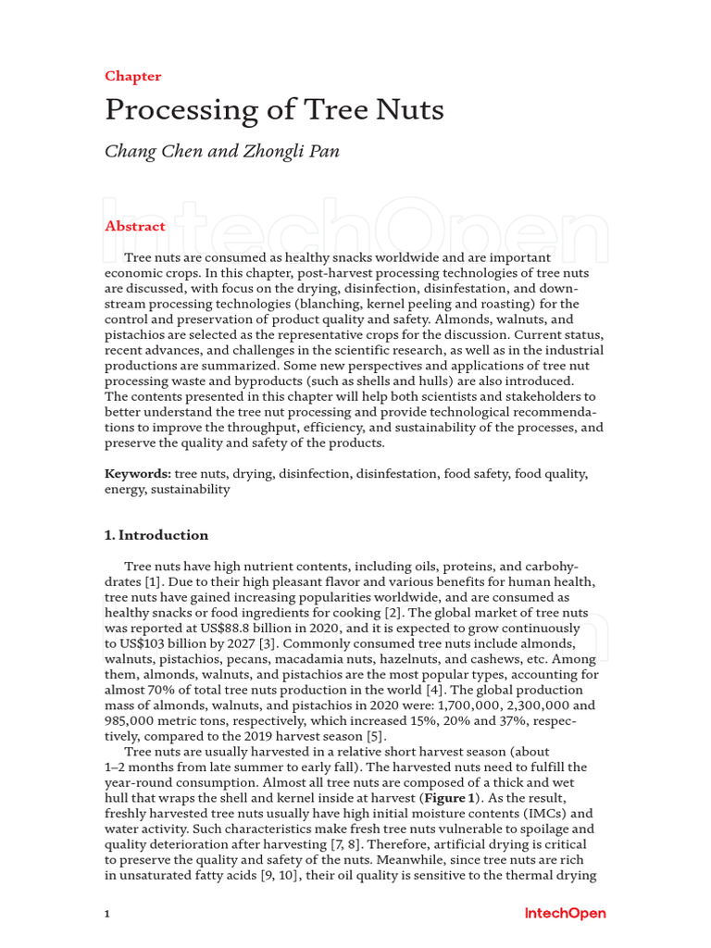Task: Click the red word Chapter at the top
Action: click(132, 76)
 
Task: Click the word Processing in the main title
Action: click(168, 110)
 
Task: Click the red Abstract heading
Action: click(135, 226)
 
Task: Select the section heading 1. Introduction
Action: click(156, 535)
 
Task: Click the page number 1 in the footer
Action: click(107, 915)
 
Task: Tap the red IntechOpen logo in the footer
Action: click(565, 914)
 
